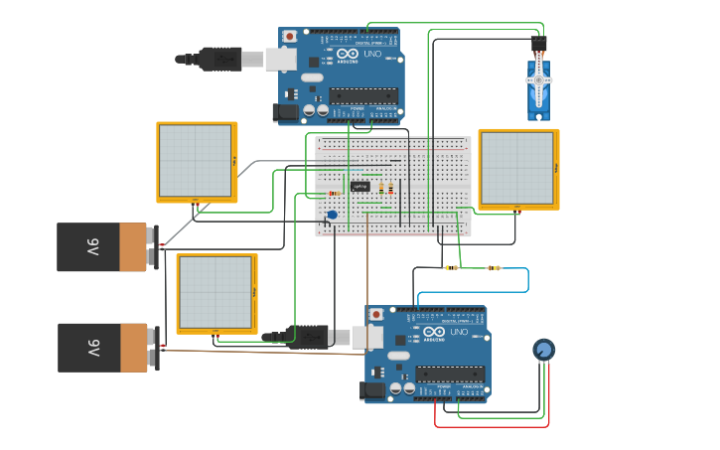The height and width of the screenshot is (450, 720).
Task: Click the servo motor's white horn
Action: pos(539,79)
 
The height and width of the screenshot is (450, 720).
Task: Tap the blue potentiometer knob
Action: pos(543,350)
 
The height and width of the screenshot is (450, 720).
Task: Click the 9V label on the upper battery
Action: pos(92,246)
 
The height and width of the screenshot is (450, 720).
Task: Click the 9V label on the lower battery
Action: pos(92,347)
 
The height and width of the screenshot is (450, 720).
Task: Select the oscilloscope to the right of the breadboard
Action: pos(517,169)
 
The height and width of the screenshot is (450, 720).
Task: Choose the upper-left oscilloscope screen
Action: pos(196,161)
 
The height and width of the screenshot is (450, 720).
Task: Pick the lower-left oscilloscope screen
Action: pos(216,293)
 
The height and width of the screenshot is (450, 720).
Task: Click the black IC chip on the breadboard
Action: pos(360,186)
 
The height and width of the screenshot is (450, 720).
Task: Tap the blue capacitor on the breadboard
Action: pos(332,215)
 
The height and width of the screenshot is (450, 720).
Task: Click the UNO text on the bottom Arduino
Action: pos(460,333)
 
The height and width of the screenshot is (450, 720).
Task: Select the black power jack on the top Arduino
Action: pos(288,114)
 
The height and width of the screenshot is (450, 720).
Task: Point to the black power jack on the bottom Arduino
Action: pos(373,391)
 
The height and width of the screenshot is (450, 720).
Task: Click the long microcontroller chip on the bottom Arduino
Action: pos(450,374)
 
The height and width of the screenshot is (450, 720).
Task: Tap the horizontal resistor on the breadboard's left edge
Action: pos(335,193)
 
